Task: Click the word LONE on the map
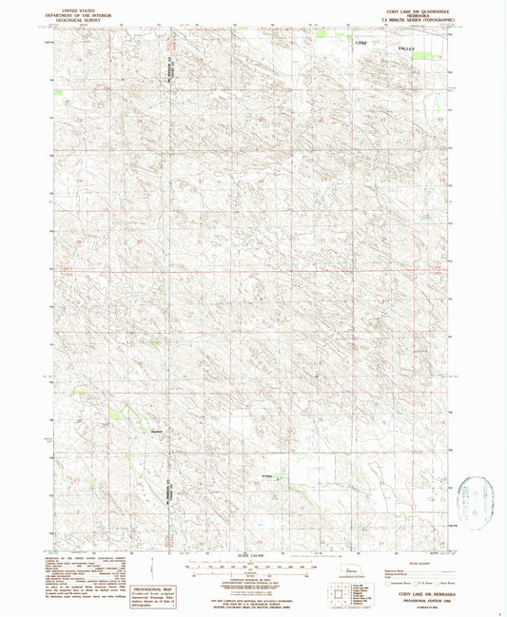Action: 360,44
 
